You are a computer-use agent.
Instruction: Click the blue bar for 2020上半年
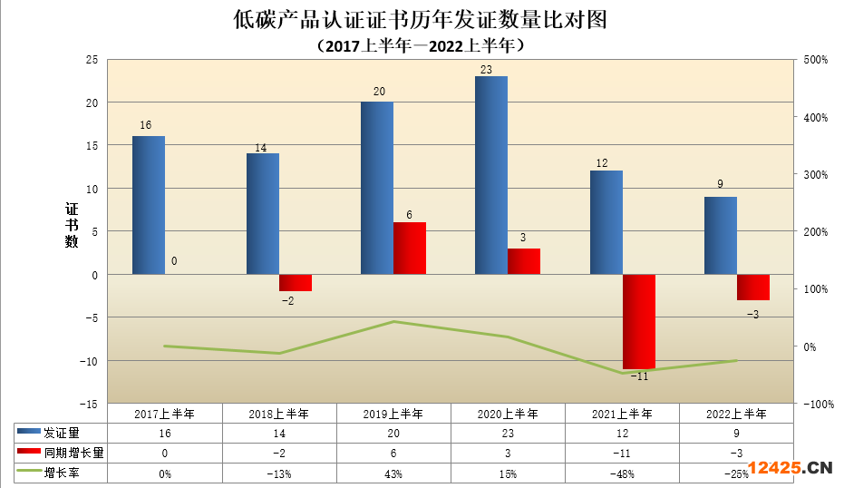click(491, 175)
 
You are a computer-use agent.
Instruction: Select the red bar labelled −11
click(638, 321)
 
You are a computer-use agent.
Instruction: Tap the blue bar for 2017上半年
click(149, 205)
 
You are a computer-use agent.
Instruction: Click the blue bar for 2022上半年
click(721, 235)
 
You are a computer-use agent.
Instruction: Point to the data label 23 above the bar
click(486, 69)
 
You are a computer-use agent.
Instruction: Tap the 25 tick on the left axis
click(91, 60)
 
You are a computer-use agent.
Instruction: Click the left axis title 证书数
click(72, 225)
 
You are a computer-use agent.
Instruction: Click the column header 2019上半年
click(393, 414)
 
